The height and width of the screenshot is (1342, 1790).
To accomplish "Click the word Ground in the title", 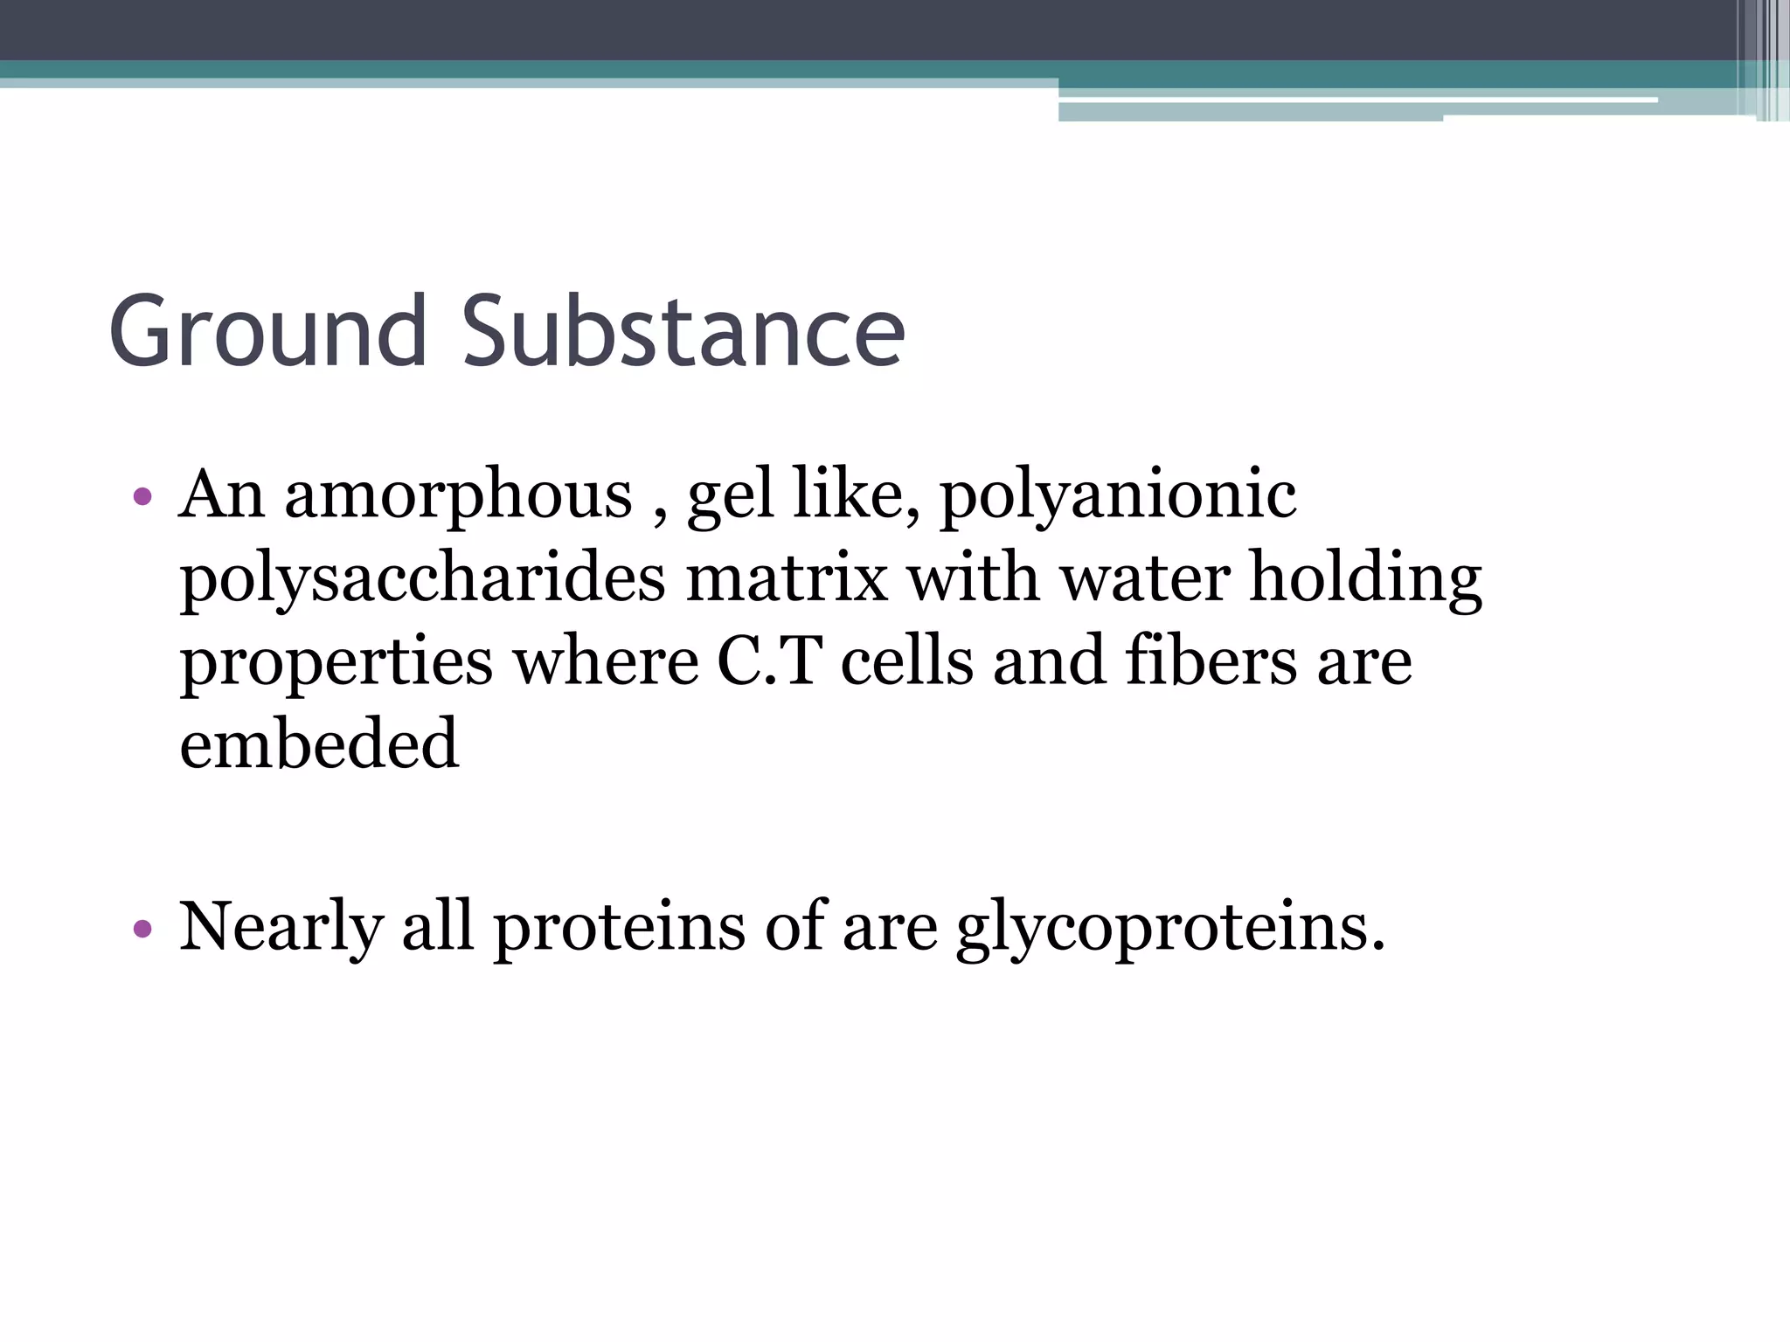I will click(x=267, y=332).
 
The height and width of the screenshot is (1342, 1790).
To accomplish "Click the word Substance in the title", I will click(x=683, y=332).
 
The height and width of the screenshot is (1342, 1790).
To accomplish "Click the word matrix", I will click(x=787, y=578).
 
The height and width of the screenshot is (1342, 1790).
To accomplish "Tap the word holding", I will click(x=1366, y=580).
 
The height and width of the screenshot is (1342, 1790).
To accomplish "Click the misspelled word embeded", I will click(x=319, y=744).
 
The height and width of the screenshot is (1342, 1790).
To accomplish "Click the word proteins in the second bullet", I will click(x=620, y=928).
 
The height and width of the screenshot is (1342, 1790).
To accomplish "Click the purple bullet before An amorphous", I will click(x=142, y=498).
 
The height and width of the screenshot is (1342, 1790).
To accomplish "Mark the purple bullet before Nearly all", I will click(x=142, y=929).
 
